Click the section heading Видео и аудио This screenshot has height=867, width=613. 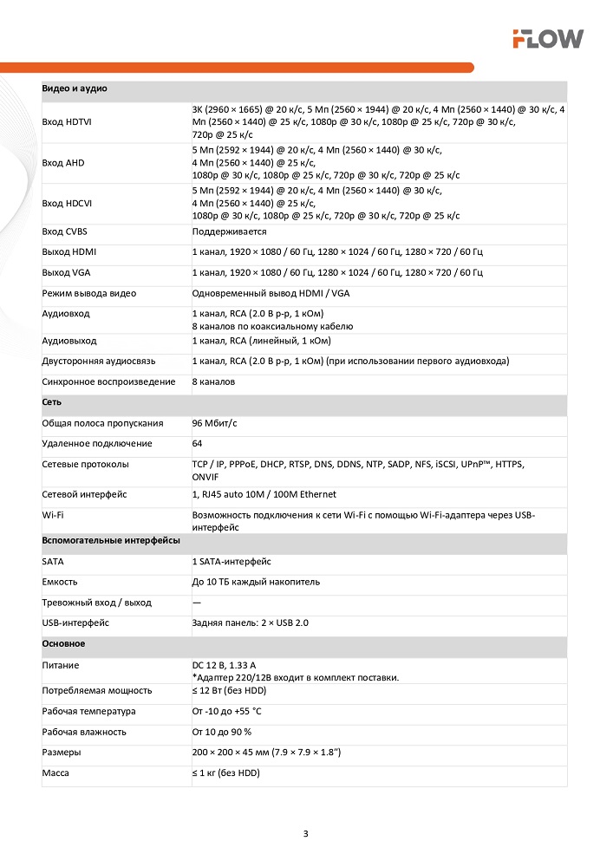[75, 89]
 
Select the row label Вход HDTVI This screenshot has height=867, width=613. [67, 122]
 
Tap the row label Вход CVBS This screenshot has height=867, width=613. [63, 231]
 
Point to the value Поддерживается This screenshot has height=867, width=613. [229, 231]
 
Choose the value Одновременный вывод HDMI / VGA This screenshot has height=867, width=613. [271, 293]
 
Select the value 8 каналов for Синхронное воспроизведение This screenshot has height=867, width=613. [213, 381]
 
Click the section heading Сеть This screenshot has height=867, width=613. [51, 402]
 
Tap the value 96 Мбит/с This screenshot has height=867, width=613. [215, 423]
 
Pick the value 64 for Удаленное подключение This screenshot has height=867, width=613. [197, 444]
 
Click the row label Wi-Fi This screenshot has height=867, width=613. [53, 515]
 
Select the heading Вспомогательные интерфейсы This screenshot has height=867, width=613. [111, 540]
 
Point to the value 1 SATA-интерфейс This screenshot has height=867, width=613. [232, 561]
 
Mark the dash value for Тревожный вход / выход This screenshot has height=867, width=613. [196, 603]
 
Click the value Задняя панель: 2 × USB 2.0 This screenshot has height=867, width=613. [251, 623]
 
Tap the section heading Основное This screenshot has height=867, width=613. [63, 644]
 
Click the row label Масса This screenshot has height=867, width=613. [55, 772]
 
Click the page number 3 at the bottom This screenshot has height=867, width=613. [305, 834]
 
